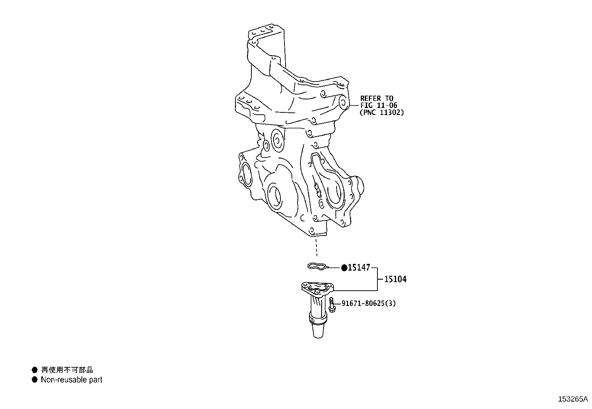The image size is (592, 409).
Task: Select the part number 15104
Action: (x=395, y=279)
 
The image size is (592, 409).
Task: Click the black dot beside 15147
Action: (x=344, y=267)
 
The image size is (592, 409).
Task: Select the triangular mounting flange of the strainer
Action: (x=317, y=288)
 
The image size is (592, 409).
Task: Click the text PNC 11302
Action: (x=382, y=112)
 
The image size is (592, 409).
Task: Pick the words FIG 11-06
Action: (x=379, y=105)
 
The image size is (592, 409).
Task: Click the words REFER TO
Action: (x=376, y=98)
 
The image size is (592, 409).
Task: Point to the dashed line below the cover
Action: (x=316, y=247)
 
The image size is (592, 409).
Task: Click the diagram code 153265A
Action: (x=573, y=399)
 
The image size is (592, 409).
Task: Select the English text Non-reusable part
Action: (x=71, y=380)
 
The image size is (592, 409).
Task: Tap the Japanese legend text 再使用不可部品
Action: (x=67, y=370)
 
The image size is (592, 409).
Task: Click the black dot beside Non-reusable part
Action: (x=35, y=380)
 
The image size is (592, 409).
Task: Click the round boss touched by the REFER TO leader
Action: (x=342, y=102)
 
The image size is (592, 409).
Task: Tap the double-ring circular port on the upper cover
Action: (x=277, y=140)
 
